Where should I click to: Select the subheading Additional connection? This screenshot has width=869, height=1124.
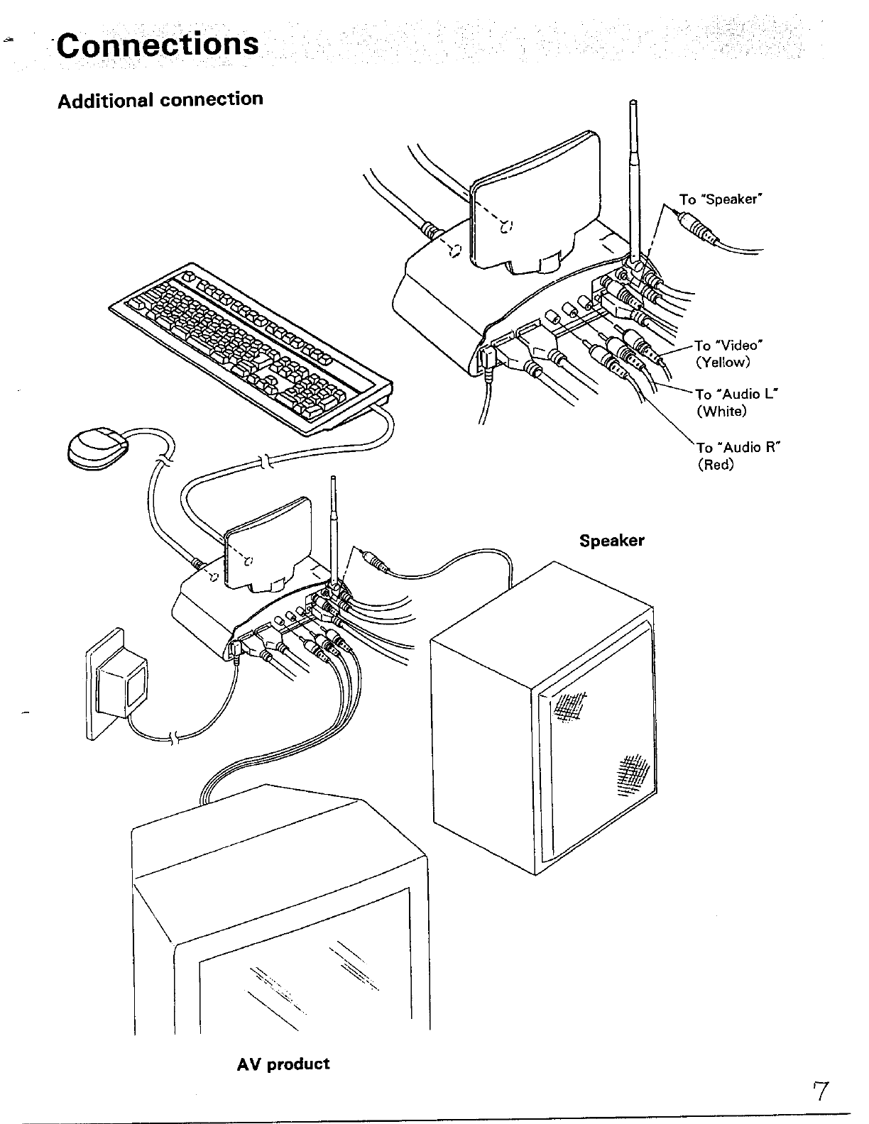(x=160, y=99)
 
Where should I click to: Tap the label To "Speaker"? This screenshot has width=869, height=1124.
(x=720, y=199)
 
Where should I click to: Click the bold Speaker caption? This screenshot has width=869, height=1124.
(x=611, y=541)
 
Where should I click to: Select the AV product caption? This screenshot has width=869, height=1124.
(x=283, y=1064)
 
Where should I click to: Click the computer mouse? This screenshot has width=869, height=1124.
(x=98, y=448)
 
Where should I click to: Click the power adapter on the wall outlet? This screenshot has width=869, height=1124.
(x=121, y=687)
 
